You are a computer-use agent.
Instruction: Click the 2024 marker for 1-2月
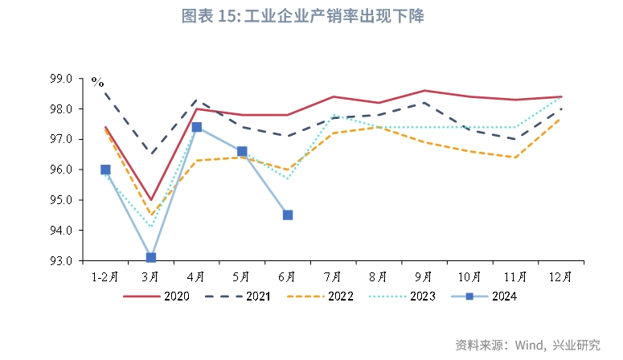(x=105, y=170)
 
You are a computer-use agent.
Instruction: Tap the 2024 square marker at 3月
(x=151, y=258)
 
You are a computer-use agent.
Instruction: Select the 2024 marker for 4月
(x=197, y=127)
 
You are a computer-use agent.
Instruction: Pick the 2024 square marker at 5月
(x=242, y=151)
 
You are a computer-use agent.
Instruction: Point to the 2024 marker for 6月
(x=288, y=215)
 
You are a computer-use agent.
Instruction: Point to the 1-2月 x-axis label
(x=105, y=276)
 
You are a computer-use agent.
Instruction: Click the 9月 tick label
(x=424, y=276)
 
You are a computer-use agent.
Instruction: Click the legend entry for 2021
(x=238, y=297)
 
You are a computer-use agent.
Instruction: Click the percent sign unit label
(x=97, y=81)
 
